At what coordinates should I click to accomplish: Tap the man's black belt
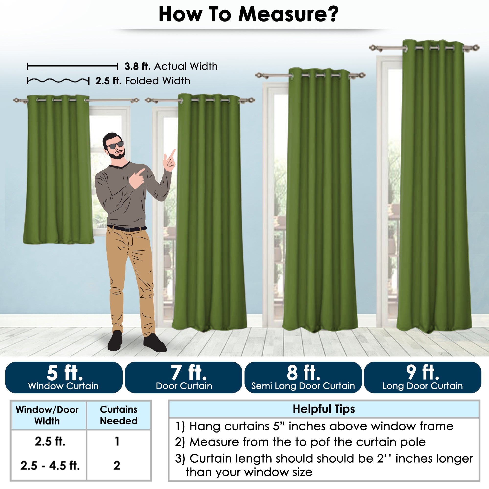click(127, 228)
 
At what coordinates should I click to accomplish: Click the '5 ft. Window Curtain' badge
click(64, 377)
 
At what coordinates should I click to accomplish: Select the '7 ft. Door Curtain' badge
click(184, 377)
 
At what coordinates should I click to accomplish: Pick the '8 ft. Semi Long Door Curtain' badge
click(303, 377)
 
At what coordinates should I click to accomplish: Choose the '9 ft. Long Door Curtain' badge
click(422, 377)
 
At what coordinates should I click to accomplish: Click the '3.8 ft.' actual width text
click(137, 66)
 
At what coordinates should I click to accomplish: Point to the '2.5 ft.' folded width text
click(108, 81)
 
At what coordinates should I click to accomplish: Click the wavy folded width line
click(58, 81)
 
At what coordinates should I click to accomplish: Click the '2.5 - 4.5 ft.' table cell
click(50, 466)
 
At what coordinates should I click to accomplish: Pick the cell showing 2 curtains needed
click(117, 466)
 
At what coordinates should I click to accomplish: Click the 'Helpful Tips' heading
click(324, 409)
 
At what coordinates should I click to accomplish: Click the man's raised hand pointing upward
click(170, 161)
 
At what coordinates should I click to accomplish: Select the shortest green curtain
click(58, 170)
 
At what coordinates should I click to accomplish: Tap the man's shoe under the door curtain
click(154, 343)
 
